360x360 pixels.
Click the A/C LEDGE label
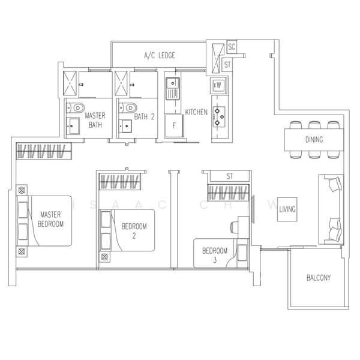pos(159,56)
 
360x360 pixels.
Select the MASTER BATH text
pos(95,120)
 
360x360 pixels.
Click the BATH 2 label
pos(145,117)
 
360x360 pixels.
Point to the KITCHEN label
pos(196,112)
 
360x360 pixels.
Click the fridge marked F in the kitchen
pos(174,127)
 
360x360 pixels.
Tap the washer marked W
pos(218,85)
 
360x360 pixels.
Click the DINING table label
pos(313,140)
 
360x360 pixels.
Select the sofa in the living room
pos(331,210)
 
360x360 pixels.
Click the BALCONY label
pos(318,278)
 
